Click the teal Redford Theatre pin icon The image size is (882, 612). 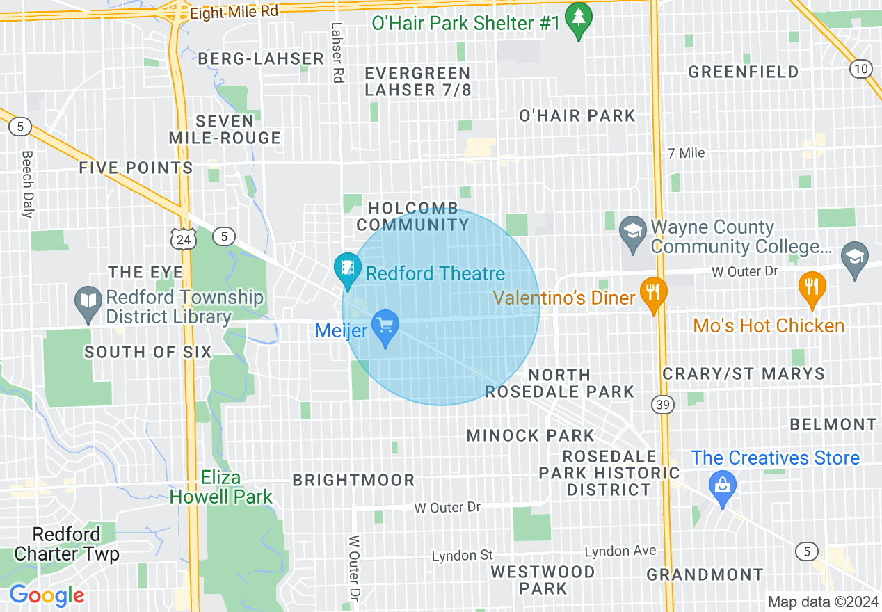(347, 268)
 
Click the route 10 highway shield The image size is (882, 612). (861, 68)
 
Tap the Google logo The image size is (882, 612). (47, 595)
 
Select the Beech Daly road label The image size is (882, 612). (28, 184)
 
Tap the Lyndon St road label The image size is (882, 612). (462, 556)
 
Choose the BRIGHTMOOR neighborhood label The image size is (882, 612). (353, 480)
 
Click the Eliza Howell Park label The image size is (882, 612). (221, 488)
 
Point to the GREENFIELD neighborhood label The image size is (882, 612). (744, 72)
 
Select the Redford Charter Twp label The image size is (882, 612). (67, 544)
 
